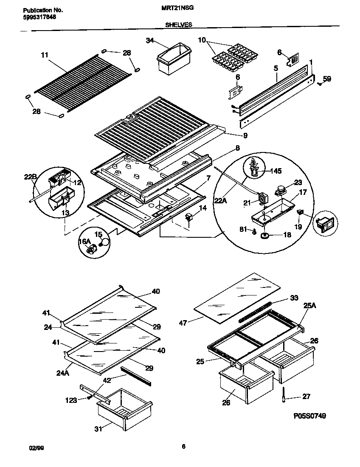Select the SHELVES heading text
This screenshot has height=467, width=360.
(178, 25)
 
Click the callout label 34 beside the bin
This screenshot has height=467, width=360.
(149, 40)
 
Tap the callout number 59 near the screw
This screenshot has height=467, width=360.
(327, 78)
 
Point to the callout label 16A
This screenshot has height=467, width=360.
(84, 242)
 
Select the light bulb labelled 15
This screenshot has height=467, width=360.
(103, 243)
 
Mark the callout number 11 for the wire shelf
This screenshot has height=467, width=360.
(45, 54)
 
